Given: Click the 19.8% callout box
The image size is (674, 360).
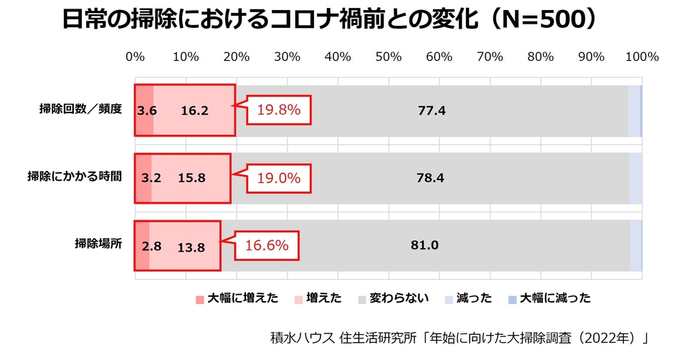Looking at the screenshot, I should [279, 111].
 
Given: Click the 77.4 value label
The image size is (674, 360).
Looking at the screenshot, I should [432, 111].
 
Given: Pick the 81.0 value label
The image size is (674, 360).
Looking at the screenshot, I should [424, 245].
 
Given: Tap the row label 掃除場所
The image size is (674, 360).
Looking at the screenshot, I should [99, 244].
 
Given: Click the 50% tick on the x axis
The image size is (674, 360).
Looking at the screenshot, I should [389, 57].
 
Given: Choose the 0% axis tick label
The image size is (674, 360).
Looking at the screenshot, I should [135, 57].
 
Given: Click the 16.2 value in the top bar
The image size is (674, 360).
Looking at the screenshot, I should [194, 111].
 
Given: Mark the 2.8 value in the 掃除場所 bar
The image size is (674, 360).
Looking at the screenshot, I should [151, 246].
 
